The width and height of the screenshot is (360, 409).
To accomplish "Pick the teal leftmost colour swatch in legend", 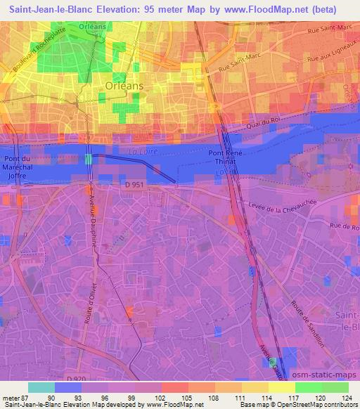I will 41,387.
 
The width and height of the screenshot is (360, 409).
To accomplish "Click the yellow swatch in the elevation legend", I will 282,387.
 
